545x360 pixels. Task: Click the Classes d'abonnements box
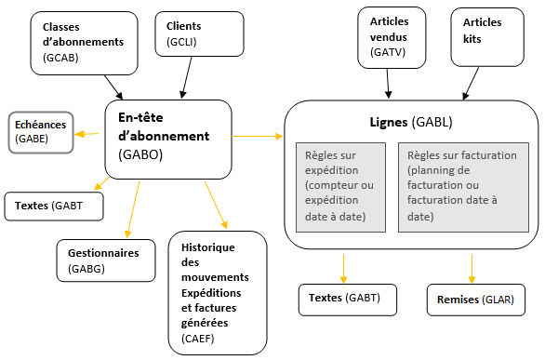click(83, 42)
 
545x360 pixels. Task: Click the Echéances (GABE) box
click(41, 130)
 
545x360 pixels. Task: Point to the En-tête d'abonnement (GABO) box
click(168, 138)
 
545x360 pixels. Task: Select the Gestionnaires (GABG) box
click(103, 260)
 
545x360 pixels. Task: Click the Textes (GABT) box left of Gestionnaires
click(54, 206)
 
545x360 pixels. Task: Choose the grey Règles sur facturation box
click(463, 186)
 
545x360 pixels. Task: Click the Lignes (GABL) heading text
click(410, 123)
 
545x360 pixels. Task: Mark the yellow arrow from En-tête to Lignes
click(258, 137)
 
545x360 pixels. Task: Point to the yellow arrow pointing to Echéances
click(87, 134)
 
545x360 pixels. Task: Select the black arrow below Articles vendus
click(389, 86)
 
